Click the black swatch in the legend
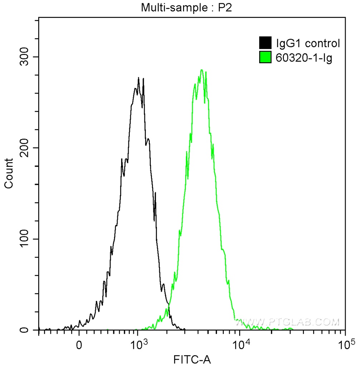pos(265,43)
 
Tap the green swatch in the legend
pos(265,57)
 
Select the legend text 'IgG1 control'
pos(307,44)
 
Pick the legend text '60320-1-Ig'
pos(304,57)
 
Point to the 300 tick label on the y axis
pos(25,57)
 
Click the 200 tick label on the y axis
pos(25,148)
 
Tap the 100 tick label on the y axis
pos(25,239)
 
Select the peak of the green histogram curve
pos(202,70)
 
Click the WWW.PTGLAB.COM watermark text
pos(288,322)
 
